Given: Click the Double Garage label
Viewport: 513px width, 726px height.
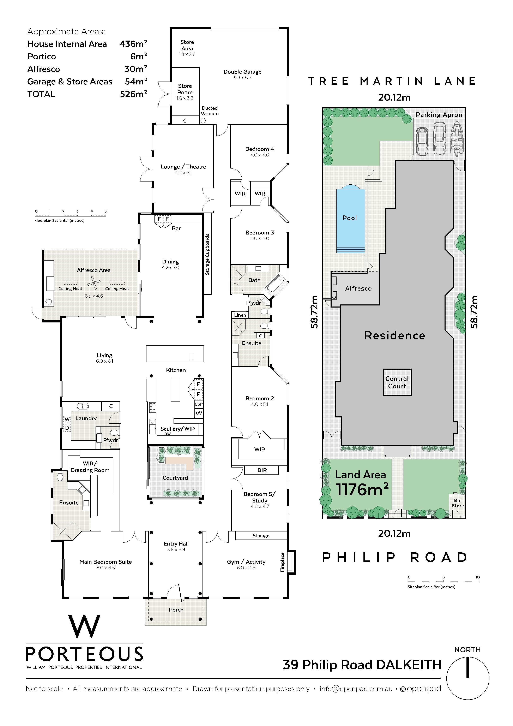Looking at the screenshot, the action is (x=242, y=72).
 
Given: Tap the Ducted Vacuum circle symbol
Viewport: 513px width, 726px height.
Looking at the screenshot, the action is (x=203, y=120).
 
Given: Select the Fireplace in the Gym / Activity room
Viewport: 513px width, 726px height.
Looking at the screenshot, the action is (x=291, y=562).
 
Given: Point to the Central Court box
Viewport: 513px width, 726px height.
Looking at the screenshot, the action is (x=397, y=382).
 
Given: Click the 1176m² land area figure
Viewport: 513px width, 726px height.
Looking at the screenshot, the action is (x=362, y=490).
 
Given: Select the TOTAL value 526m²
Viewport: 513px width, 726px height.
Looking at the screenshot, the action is (x=133, y=94).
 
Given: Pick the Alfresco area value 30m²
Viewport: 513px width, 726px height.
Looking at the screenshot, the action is (x=136, y=69).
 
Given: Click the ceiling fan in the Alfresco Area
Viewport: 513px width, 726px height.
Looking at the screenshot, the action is (x=94, y=283).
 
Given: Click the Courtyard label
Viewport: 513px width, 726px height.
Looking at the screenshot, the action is (x=175, y=478).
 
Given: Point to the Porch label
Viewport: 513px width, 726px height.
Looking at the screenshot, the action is (x=176, y=610).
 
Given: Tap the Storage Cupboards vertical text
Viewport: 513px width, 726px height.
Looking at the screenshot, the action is (x=207, y=254).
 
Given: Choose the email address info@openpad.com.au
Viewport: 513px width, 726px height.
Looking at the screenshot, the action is (x=356, y=689).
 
